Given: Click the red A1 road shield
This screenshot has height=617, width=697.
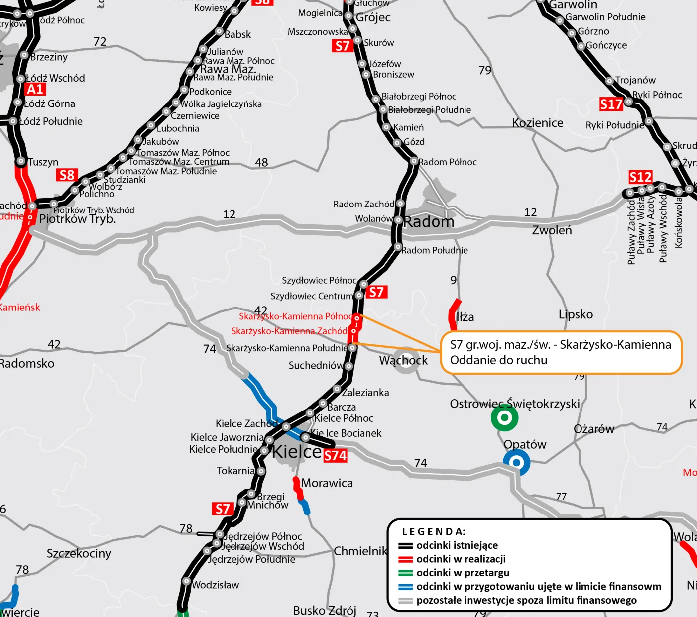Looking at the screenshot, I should pyautogui.click(x=35, y=89).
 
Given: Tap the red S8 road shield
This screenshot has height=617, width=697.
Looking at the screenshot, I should pyautogui.click(x=67, y=175).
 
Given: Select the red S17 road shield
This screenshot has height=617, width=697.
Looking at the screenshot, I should pyautogui.click(x=611, y=104).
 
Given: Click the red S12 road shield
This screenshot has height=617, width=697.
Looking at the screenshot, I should pyautogui.click(x=640, y=177).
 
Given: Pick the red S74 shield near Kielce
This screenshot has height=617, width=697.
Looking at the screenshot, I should pyautogui.click(x=335, y=456).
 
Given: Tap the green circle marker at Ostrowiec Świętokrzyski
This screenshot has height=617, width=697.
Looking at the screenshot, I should pyautogui.click(x=504, y=418).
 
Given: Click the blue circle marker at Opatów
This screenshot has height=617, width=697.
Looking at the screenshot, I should pyautogui.click(x=516, y=463).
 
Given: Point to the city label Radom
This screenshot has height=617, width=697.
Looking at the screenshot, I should pyautogui.click(x=429, y=222).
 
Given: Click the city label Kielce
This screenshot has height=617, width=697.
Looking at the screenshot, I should pyautogui.click(x=297, y=451).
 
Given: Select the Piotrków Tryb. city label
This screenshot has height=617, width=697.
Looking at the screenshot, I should pyautogui.click(x=77, y=219).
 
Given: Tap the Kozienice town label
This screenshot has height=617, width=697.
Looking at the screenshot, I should pyautogui.click(x=538, y=123).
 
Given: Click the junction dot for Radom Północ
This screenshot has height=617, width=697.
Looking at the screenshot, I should pyautogui.click(x=414, y=161).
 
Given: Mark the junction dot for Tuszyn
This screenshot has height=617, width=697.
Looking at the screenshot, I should pyautogui.click(x=21, y=161).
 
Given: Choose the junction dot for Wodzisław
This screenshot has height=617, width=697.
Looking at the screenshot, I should pyautogui.click(x=186, y=581).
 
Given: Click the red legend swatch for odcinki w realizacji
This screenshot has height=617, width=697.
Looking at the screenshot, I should pyautogui.click(x=406, y=559).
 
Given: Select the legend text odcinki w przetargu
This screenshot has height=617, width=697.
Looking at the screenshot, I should pyautogui.click(x=463, y=573).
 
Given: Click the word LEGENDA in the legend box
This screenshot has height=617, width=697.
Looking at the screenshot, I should pyautogui.click(x=434, y=532).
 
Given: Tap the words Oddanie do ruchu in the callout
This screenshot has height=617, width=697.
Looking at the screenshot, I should pyautogui.click(x=498, y=360).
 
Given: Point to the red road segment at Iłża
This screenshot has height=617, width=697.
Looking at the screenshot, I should pyautogui.click(x=454, y=312).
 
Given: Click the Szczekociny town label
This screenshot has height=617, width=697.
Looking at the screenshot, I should pyautogui.click(x=79, y=553).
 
